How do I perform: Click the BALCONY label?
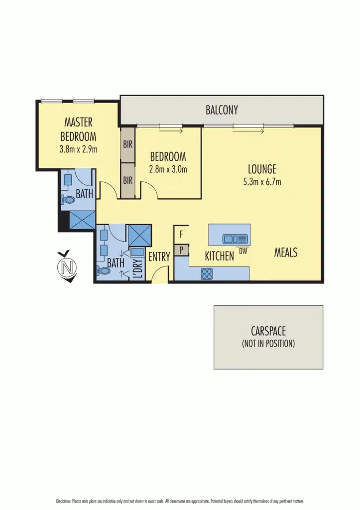(x=222, y=110)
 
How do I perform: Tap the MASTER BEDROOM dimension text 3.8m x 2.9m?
(x=78, y=148)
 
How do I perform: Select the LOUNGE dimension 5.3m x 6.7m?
(x=262, y=182)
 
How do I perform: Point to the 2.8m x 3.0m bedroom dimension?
(x=168, y=169)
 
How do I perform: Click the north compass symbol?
(x=67, y=267)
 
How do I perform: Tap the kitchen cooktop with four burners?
(x=207, y=273)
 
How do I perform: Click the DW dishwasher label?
(x=243, y=252)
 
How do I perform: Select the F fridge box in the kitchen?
(x=181, y=233)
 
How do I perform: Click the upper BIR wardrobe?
(x=128, y=144)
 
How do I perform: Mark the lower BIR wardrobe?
(x=128, y=180)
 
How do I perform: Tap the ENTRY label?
(x=159, y=257)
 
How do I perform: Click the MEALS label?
(x=286, y=253)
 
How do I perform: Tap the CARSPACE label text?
(x=268, y=331)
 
